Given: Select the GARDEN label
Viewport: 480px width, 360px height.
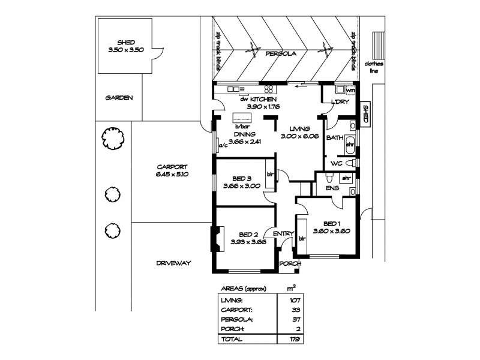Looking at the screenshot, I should (x=119, y=98).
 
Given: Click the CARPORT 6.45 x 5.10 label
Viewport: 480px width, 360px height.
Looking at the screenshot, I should (x=173, y=170).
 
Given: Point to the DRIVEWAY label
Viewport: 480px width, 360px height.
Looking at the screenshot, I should (x=173, y=263).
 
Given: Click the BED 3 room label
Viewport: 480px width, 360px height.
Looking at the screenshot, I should (x=241, y=182).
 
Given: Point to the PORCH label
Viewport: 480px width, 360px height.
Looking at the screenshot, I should (x=289, y=263).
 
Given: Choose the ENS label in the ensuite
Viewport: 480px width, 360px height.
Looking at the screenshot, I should (x=332, y=188).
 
